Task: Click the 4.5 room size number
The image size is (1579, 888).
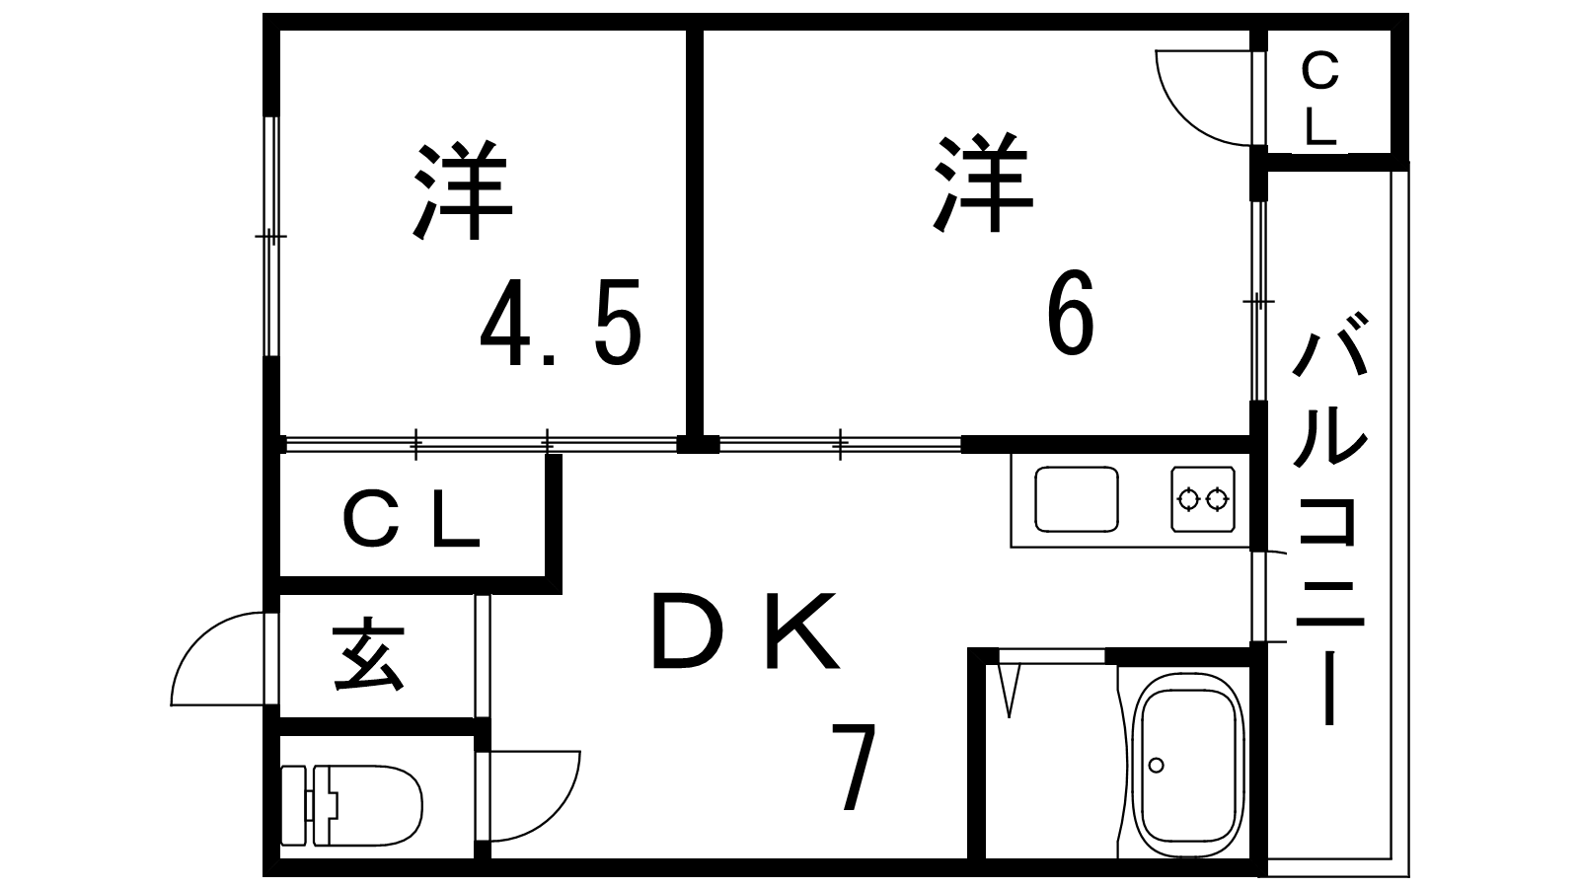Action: tap(562, 322)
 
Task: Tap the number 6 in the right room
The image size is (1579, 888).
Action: tap(1071, 312)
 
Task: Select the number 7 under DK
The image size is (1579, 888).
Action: tap(854, 767)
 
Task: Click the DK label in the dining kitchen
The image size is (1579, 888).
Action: tap(746, 631)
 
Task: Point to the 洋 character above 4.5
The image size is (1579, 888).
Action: tap(463, 191)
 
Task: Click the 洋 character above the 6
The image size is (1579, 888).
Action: tap(983, 183)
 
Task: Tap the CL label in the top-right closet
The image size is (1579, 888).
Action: tap(1319, 101)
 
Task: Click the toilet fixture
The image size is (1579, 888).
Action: tap(351, 805)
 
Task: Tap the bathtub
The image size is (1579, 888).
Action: tap(1188, 766)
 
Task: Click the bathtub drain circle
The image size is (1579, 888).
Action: tap(1156, 765)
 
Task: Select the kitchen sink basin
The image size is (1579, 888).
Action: tap(1077, 499)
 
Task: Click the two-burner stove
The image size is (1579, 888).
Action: tap(1203, 499)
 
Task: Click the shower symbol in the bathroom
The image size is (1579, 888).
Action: tap(1010, 691)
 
